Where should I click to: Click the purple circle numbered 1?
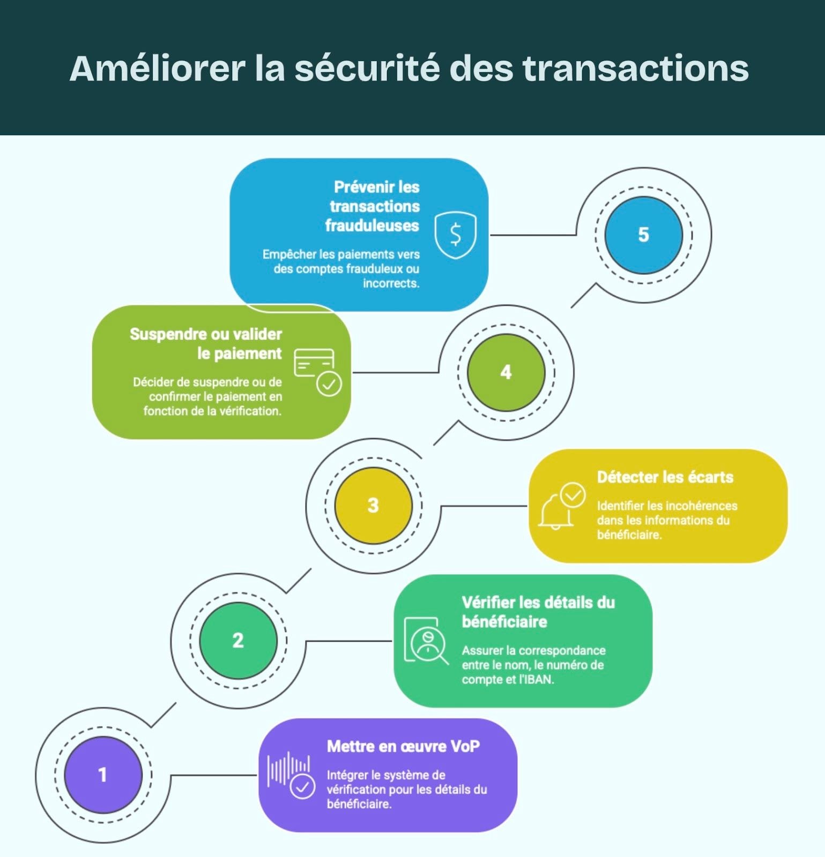pyautogui.click(x=103, y=775)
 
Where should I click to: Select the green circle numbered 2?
pyautogui.click(x=238, y=641)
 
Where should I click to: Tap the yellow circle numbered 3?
pyautogui.click(x=373, y=505)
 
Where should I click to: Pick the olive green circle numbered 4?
pyautogui.click(x=506, y=372)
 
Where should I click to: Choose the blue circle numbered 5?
pyautogui.click(x=643, y=235)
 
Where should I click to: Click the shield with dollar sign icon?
pyautogui.click(x=455, y=235)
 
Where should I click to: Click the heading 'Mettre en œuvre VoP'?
pyautogui.click(x=403, y=746)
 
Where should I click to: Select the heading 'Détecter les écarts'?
pyautogui.click(x=665, y=477)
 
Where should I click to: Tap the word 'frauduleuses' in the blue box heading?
pyautogui.click(x=372, y=225)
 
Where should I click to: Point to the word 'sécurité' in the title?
pyautogui.click(x=367, y=69)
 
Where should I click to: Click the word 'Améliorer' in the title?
pyautogui.click(x=157, y=69)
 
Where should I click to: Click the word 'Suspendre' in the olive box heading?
pyautogui.click(x=168, y=334)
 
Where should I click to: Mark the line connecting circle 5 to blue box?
pyautogui.click(x=533, y=235)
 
